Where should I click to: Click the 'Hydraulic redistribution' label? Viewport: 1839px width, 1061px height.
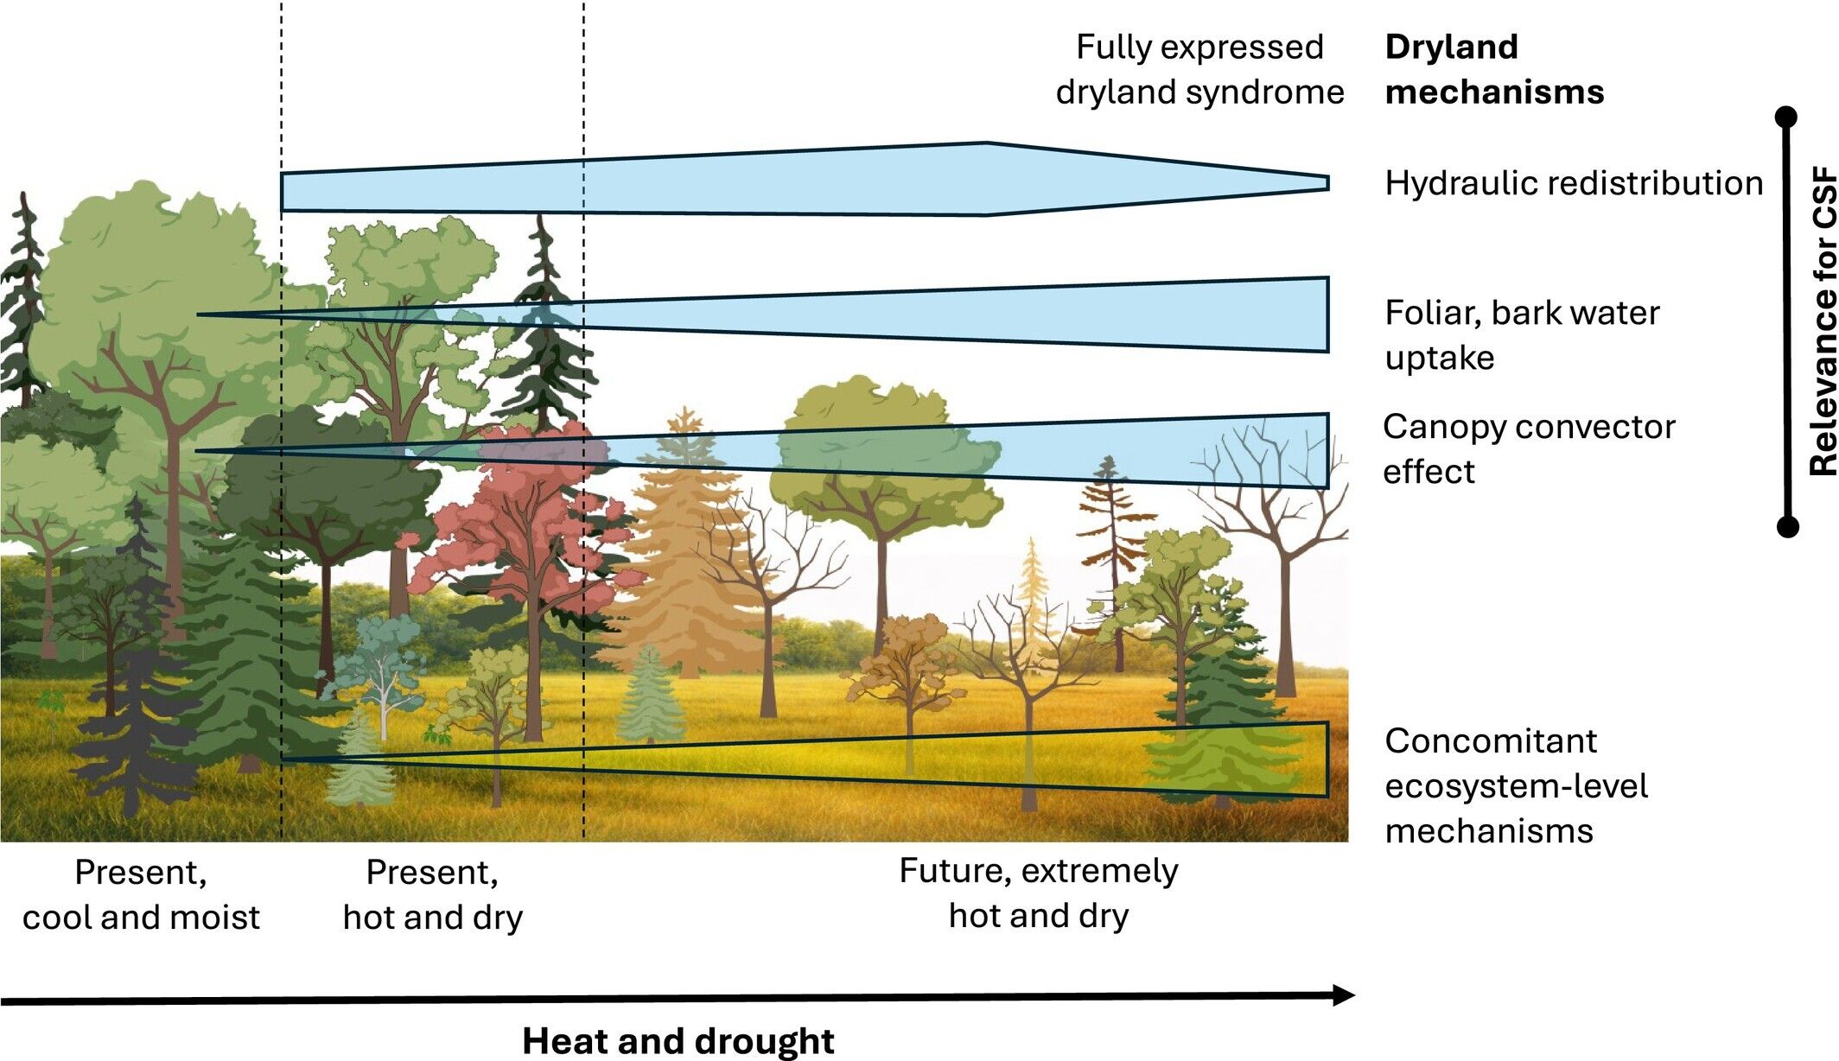[x=1573, y=183]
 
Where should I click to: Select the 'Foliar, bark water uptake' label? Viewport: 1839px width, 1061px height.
[x=1521, y=334]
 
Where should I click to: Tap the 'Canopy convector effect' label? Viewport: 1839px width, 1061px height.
[x=1528, y=448]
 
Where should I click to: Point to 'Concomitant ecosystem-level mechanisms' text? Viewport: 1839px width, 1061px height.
[x=1515, y=785]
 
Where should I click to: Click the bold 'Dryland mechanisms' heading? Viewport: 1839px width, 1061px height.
[x=1493, y=69]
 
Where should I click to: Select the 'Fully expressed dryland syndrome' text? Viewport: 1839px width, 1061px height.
[x=1199, y=69]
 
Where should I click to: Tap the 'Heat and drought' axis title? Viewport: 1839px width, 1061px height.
[x=678, y=1040]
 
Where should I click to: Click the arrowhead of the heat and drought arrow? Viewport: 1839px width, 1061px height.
[x=1343, y=995]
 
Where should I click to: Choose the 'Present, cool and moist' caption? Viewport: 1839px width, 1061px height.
[x=141, y=894]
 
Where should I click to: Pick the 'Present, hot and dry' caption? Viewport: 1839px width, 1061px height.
[x=432, y=894]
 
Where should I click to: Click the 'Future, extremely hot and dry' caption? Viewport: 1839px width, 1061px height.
[x=1038, y=893]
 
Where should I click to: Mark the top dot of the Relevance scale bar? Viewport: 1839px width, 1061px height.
[x=1786, y=117]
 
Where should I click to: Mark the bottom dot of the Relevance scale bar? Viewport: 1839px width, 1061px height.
[x=1786, y=525]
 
